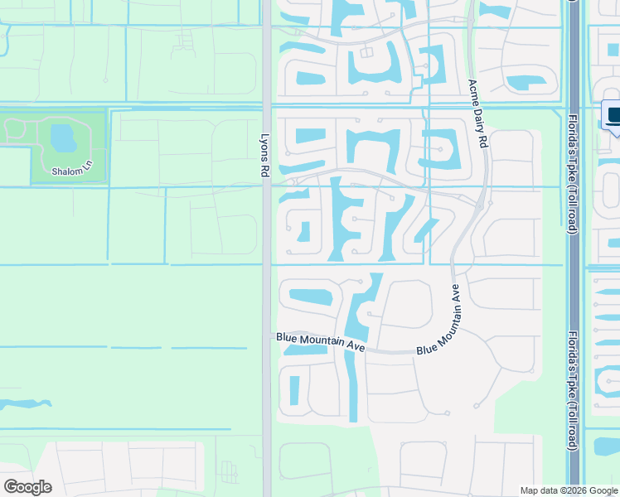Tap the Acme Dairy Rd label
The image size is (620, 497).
click(x=478, y=113)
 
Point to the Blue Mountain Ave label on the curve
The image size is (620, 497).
click(x=439, y=321)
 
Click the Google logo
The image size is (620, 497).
click(x=27, y=487)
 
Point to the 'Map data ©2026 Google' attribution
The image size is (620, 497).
click(x=569, y=490)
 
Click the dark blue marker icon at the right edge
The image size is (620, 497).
click(x=613, y=117)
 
